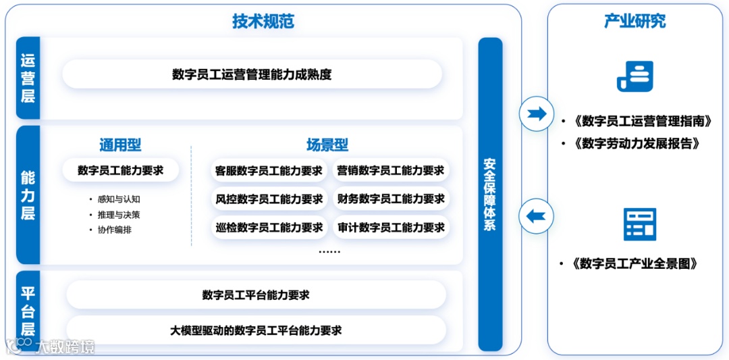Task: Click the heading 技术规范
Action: (263, 21)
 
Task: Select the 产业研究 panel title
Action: (634, 21)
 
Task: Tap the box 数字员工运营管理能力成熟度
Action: (252, 74)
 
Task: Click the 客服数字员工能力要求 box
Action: (269, 171)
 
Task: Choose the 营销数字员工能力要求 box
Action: (391, 171)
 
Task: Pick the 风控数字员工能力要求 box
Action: (269, 199)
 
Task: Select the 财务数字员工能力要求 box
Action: (391, 199)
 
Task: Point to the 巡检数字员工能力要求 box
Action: (269, 228)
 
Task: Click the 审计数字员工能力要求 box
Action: (391, 228)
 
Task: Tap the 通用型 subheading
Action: (120, 145)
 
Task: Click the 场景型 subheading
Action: (327, 145)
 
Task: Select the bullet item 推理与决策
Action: (119, 215)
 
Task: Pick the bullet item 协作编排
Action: (115, 230)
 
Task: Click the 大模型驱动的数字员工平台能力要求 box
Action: (256, 330)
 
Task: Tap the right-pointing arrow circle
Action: (537, 113)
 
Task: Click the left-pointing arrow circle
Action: (537, 217)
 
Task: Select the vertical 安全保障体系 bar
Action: (490, 195)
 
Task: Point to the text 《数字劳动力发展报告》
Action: (636, 144)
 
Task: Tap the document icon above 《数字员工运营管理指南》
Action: (634, 76)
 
